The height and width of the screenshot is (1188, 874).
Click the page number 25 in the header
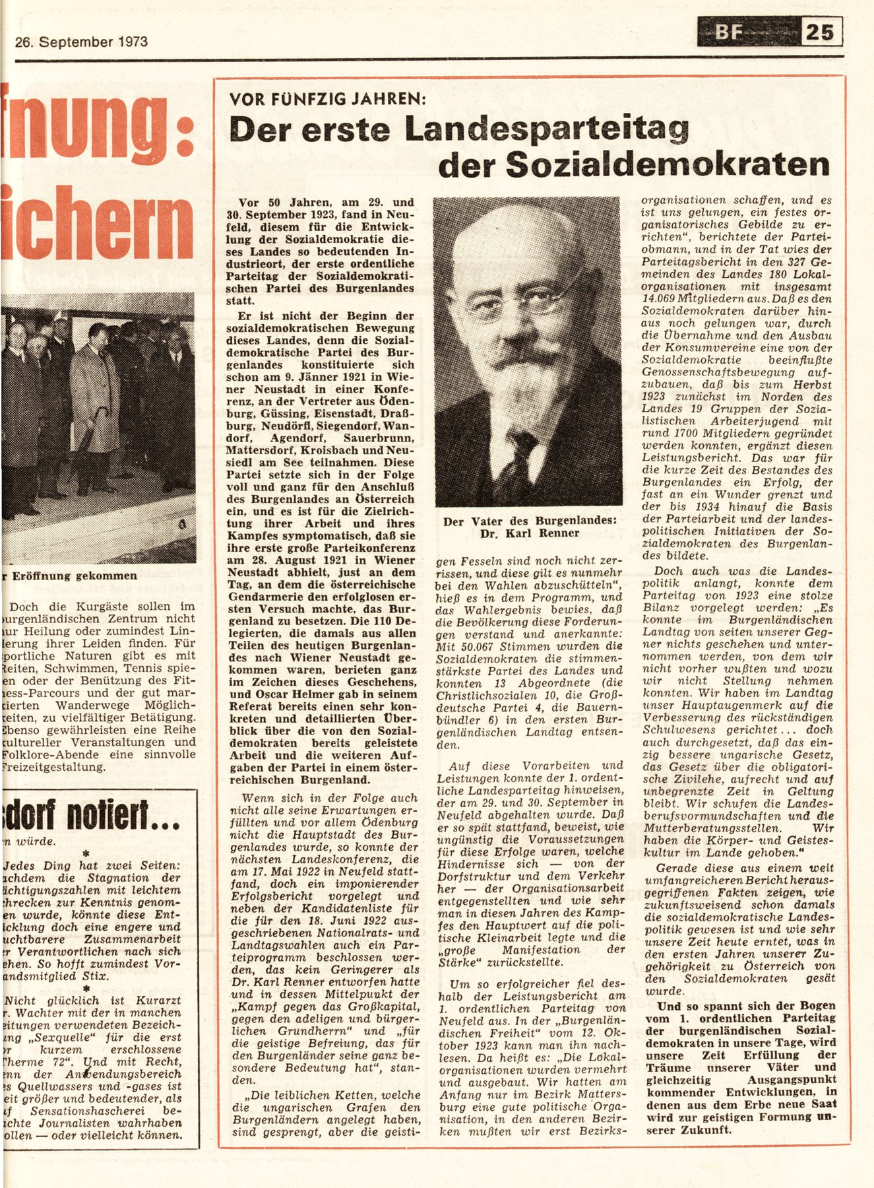(x=821, y=32)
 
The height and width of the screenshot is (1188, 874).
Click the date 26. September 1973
(x=81, y=42)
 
